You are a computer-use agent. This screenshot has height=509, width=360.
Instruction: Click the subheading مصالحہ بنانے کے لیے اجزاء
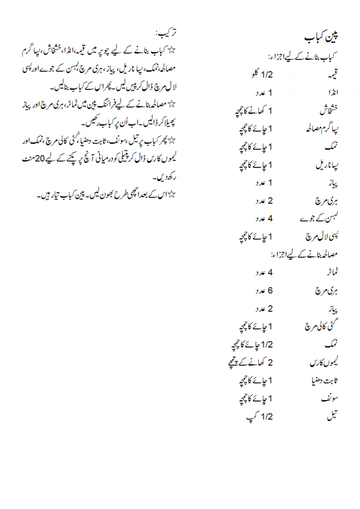304,254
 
